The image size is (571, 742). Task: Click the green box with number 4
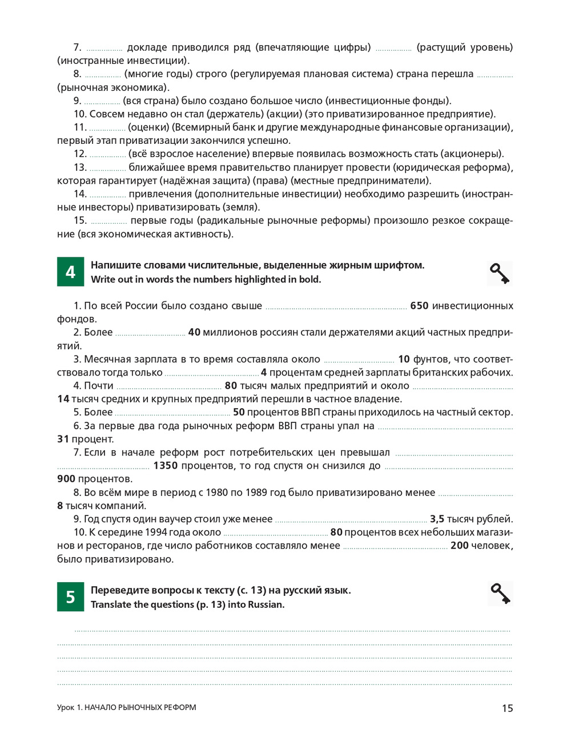click(70, 272)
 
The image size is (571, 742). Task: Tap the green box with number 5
click(70, 597)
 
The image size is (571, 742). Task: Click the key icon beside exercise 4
click(500, 273)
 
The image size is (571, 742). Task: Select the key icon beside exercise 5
click(500, 594)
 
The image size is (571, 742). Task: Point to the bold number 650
click(419, 306)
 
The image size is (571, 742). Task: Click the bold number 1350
click(166, 466)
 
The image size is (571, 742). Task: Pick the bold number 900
click(66, 479)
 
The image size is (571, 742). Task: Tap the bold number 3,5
click(437, 519)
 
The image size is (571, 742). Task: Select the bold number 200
click(460, 546)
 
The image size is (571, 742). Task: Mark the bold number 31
click(63, 439)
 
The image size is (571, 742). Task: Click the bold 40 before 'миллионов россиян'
click(194, 332)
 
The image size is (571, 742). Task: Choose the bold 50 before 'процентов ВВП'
click(239, 412)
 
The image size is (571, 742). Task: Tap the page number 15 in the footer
click(507, 708)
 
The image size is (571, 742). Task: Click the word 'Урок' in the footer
click(66, 708)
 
